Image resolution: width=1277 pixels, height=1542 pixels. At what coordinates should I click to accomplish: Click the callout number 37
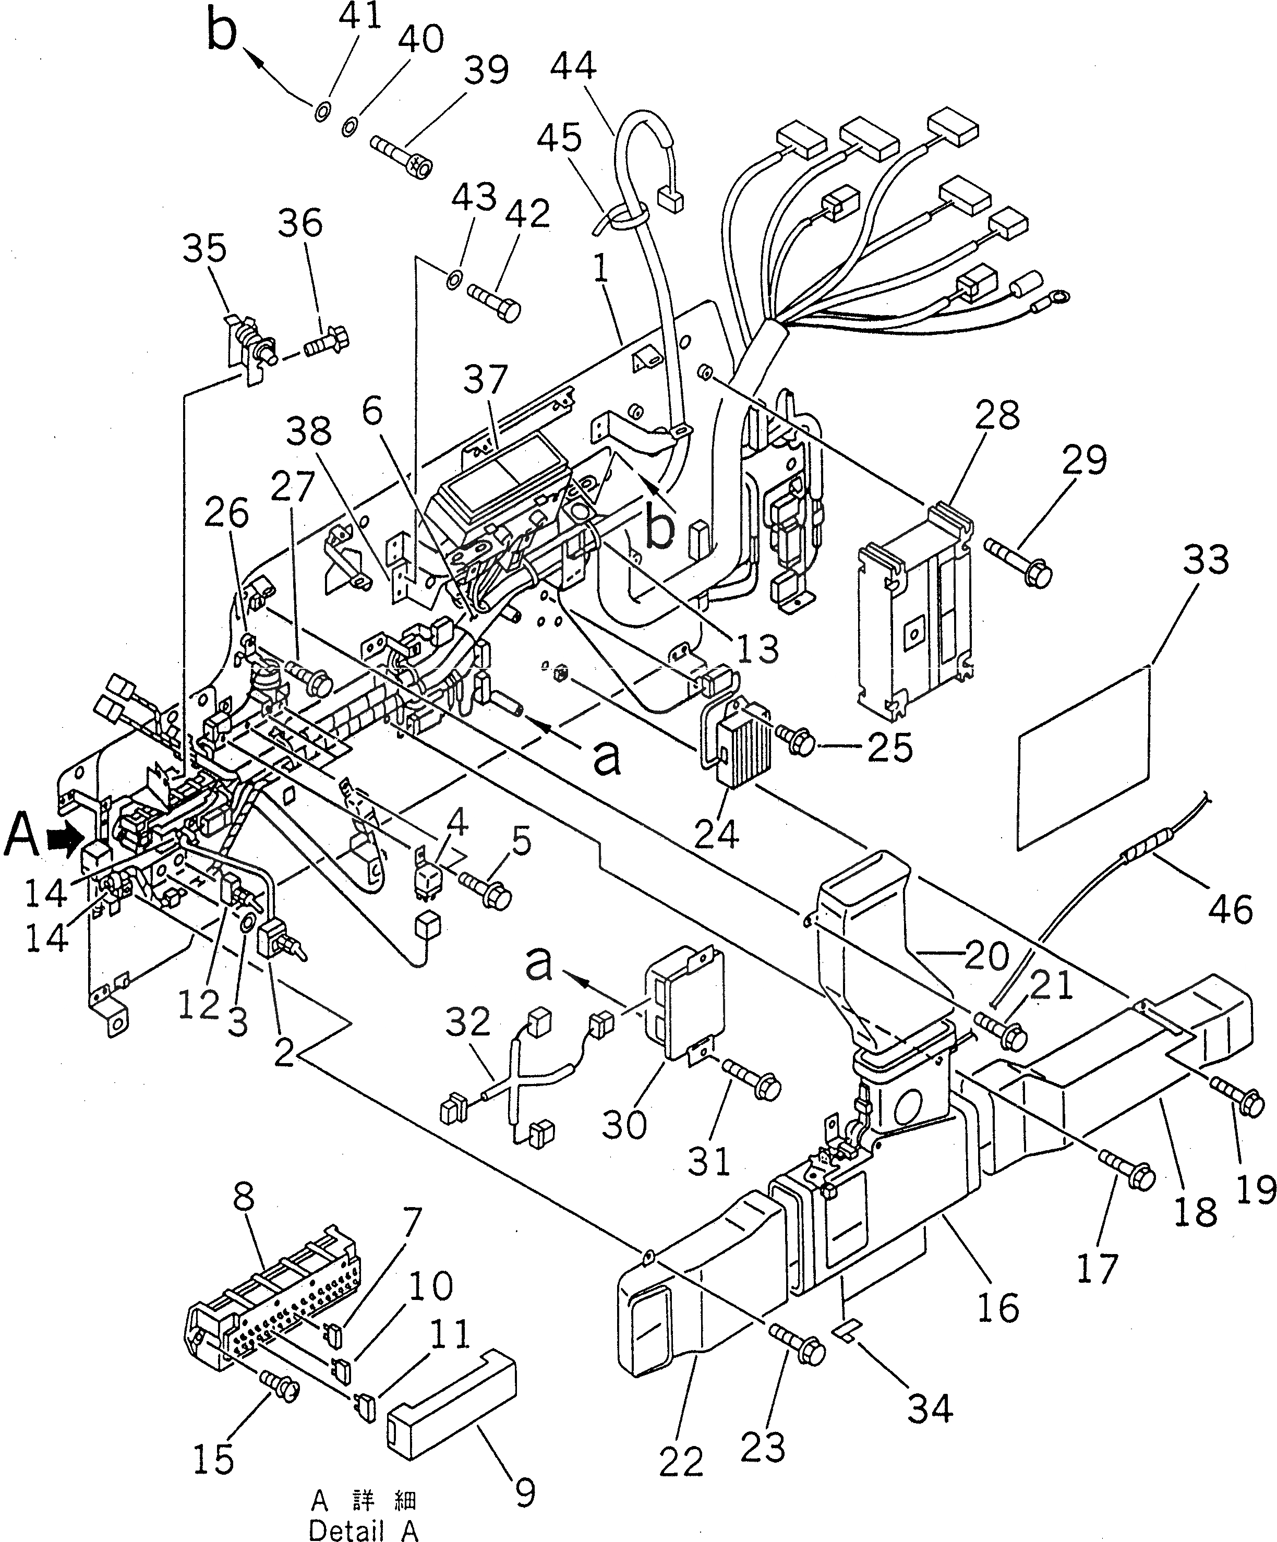(x=486, y=380)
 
